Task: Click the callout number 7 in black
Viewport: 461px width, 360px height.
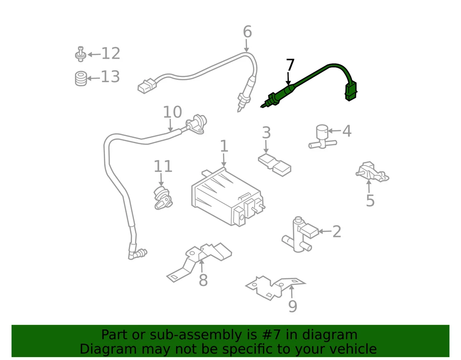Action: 290,65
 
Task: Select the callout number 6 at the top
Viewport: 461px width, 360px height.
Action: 247,32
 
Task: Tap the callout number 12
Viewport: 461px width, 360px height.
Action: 110,54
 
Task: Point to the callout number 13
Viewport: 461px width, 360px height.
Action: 110,77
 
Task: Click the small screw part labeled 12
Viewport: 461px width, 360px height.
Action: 81,54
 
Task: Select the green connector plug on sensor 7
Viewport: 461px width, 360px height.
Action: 351,91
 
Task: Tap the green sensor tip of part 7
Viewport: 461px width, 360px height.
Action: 270,101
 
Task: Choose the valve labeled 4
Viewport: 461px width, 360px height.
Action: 321,136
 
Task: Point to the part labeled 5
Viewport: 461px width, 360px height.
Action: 371,173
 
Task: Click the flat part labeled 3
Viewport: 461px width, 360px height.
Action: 274,163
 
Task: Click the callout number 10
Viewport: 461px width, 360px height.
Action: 172,112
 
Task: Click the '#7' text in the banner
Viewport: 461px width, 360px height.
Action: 265,335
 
